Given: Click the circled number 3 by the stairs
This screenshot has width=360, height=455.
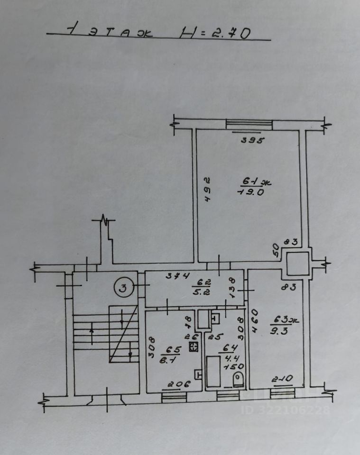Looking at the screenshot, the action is (122, 287).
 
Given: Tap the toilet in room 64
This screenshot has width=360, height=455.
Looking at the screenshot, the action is (239, 379).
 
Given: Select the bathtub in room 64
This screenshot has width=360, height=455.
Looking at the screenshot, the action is (212, 372).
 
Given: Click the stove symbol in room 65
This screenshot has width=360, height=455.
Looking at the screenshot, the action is (193, 347).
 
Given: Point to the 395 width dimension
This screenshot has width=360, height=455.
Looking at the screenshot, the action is (252, 140).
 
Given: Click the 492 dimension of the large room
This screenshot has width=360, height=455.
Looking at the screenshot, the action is (207, 189).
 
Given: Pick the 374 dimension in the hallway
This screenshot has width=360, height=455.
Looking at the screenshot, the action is (180, 276).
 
